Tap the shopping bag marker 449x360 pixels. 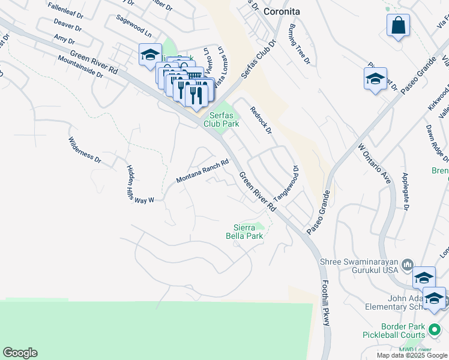[x=398, y=26]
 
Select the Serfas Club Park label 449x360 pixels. [x=221, y=119]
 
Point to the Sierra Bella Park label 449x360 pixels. [x=249, y=232]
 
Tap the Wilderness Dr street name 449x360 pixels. [x=85, y=149]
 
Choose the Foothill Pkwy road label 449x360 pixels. [x=325, y=304]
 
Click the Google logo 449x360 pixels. [x=20, y=353]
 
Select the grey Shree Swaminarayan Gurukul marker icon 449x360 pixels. [x=408, y=264]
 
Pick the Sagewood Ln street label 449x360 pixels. [x=136, y=28]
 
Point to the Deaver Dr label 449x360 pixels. [x=67, y=26]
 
